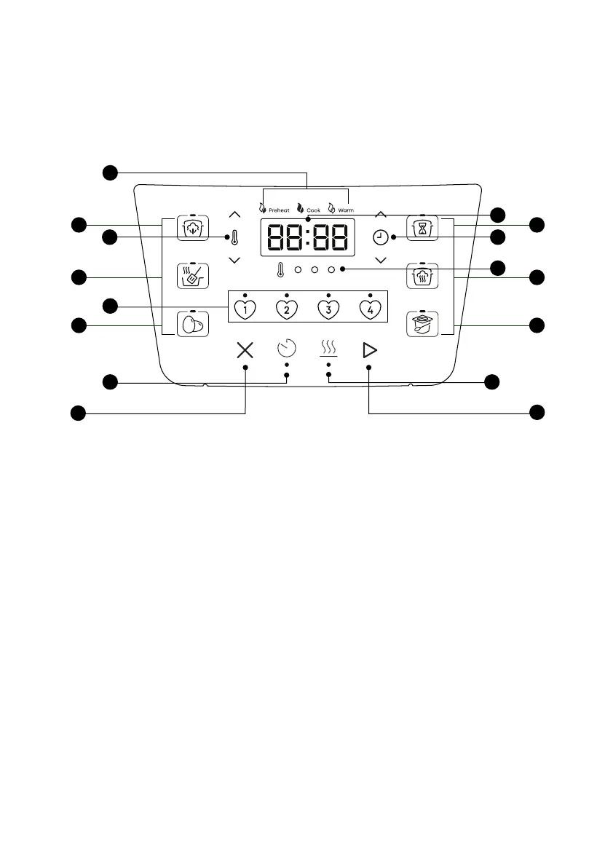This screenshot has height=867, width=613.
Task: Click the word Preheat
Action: [279, 210]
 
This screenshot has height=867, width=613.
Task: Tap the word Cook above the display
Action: [313, 210]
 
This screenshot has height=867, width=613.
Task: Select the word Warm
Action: [346, 210]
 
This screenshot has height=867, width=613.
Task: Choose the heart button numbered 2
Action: [287, 309]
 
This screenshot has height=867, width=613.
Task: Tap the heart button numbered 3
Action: [328, 309]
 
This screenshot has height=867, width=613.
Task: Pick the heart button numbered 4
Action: [371, 309]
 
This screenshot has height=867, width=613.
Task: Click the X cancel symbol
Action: [245, 350]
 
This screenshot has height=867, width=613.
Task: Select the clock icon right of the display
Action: [380, 237]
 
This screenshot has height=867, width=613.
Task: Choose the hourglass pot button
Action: [422, 227]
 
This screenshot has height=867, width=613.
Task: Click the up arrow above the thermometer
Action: [234, 215]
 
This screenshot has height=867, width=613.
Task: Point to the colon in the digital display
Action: [306, 237]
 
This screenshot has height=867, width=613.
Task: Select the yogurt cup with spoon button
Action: [422, 323]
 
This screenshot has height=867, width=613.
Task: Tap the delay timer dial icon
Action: [287, 349]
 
